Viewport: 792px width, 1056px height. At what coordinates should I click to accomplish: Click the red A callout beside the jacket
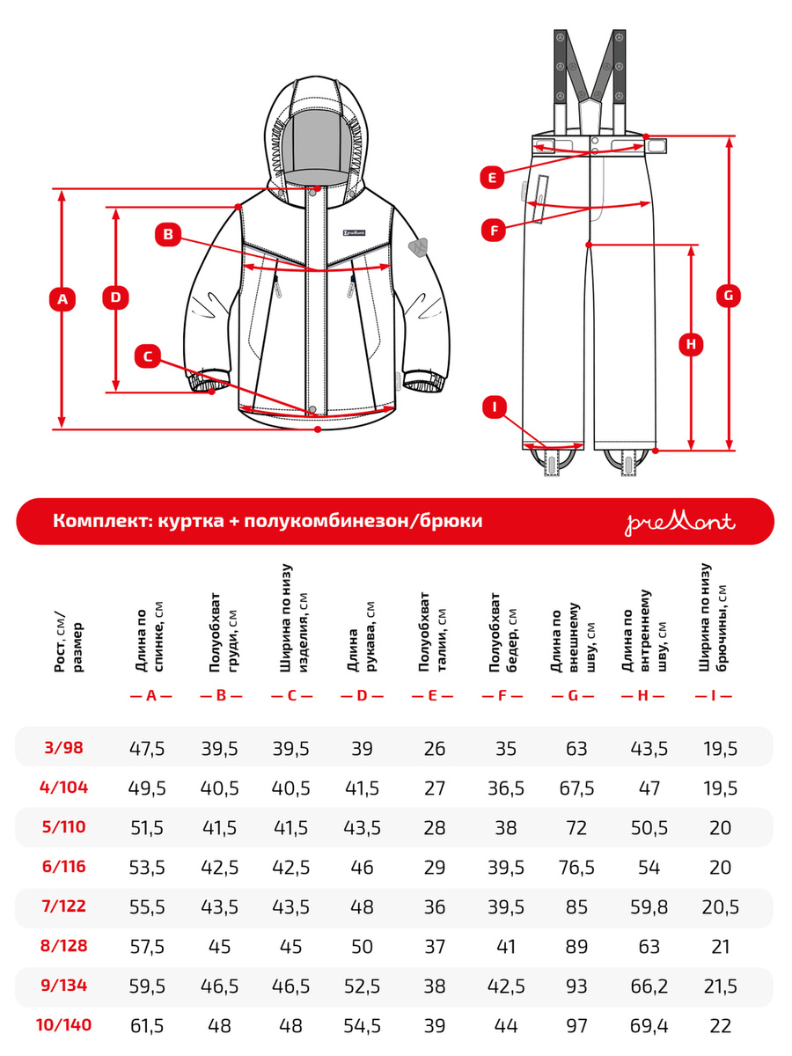[62, 300]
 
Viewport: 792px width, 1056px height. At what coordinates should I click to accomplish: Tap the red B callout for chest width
[167, 234]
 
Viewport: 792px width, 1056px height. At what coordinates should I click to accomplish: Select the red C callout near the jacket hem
[149, 356]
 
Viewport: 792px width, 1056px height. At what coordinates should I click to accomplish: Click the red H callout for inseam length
[692, 345]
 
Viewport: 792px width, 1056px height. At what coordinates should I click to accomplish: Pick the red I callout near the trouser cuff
[495, 407]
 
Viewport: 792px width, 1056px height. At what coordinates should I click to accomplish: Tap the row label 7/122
[65, 907]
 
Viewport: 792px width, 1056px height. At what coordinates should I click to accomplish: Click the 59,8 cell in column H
[649, 907]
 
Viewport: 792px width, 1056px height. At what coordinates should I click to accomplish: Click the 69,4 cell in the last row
[649, 1024]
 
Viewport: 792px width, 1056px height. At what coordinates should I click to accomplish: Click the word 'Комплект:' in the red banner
[99, 521]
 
